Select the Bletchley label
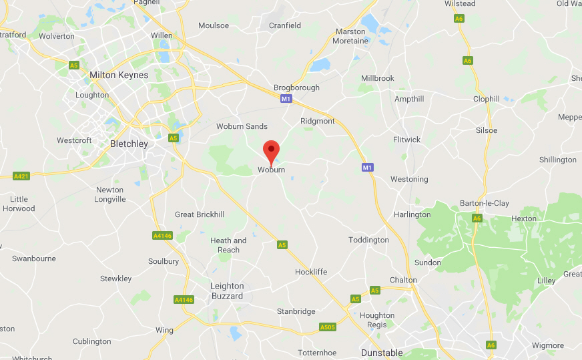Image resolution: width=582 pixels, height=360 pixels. click(129, 144)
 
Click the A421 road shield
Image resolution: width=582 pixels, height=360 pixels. click(21, 176)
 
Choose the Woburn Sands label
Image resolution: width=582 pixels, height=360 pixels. click(242, 126)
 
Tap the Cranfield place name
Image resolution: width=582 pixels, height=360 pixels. click(285, 25)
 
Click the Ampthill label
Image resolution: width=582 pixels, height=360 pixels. click(409, 99)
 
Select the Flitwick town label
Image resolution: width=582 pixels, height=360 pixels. click(406, 140)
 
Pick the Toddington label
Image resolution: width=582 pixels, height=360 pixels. click(368, 240)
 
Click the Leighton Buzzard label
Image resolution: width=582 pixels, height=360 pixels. click(227, 291)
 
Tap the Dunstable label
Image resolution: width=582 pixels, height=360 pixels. click(382, 353)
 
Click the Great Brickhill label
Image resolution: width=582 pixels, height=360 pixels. click(198, 214)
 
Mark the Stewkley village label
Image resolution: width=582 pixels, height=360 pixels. click(116, 279)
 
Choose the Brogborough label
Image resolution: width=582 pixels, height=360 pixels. click(296, 87)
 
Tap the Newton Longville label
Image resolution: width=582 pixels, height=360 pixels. click(110, 194)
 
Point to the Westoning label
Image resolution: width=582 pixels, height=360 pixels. click(409, 179)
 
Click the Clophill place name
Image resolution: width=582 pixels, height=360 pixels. click(486, 99)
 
